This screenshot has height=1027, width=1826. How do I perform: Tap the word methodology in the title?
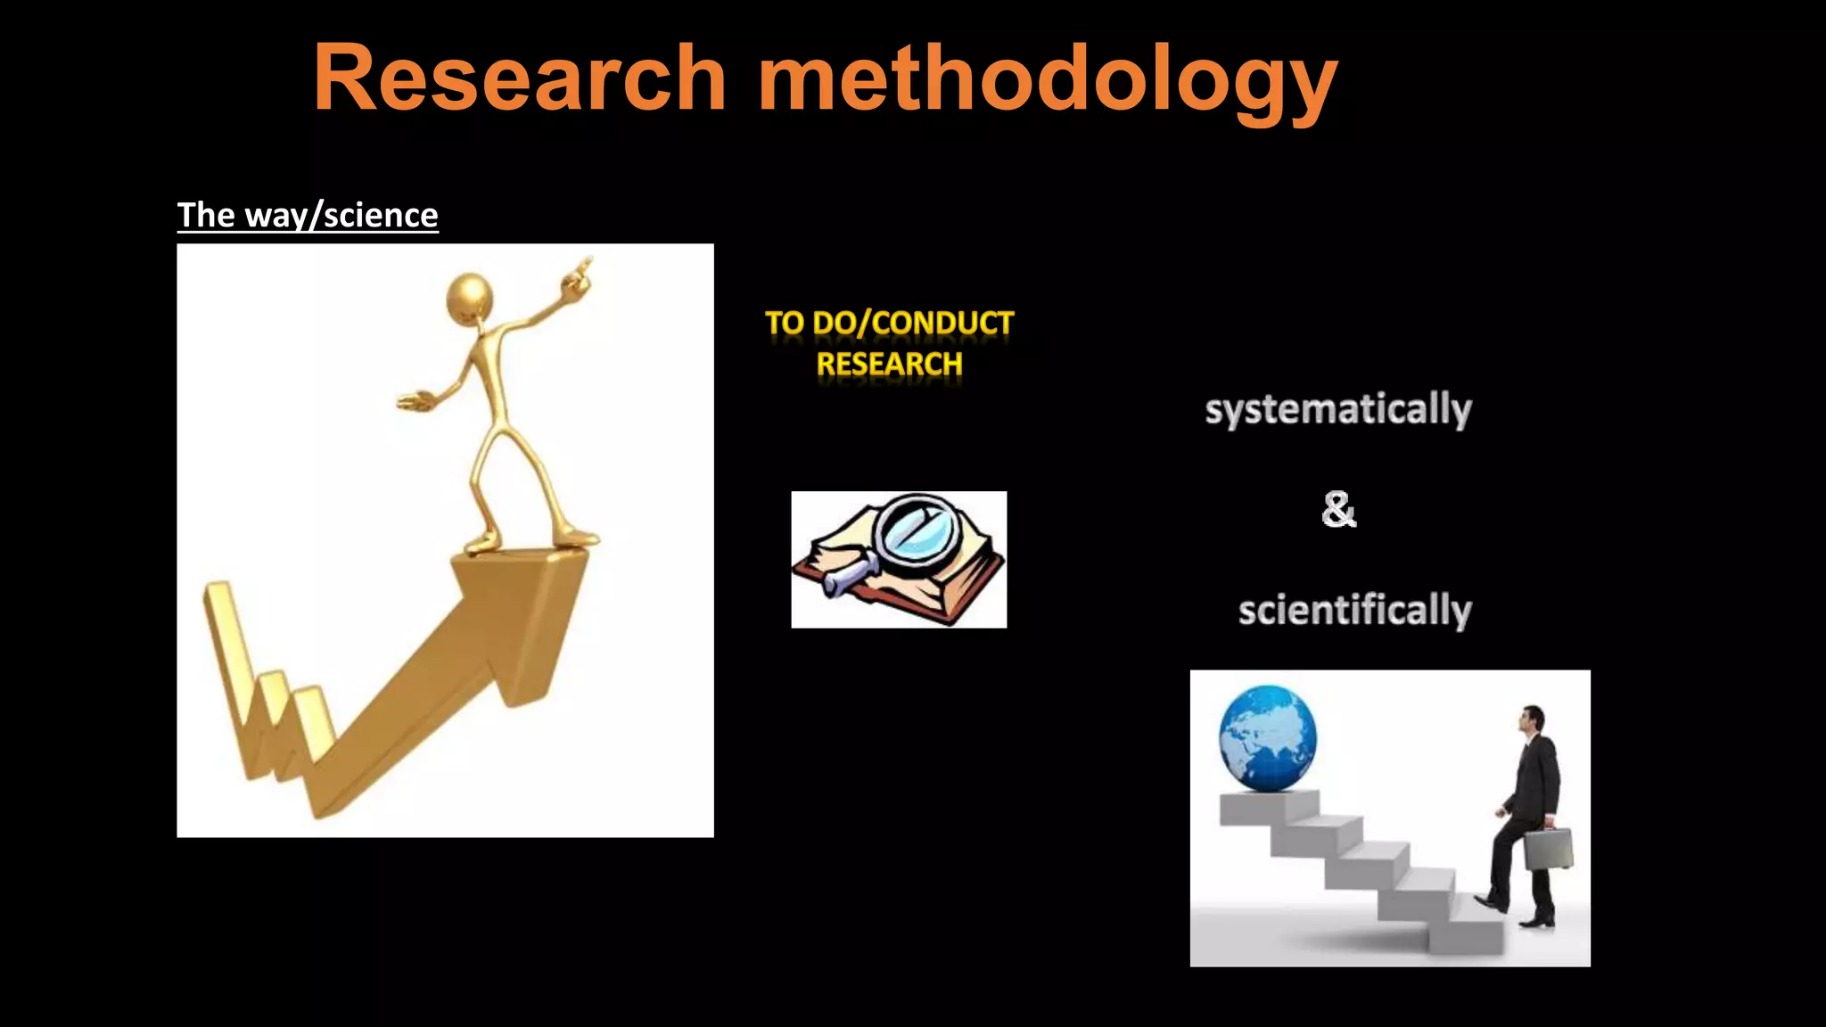(x=1048, y=82)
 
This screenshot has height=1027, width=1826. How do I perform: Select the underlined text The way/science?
(x=308, y=216)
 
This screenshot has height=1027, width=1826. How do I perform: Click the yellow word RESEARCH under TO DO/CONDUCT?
(x=889, y=365)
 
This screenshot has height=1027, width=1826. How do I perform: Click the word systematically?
(x=1337, y=410)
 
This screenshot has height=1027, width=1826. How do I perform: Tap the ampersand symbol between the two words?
(x=1338, y=510)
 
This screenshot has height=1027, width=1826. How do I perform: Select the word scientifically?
(x=1354, y=611)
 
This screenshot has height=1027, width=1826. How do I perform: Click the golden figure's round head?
(x=469, y=296)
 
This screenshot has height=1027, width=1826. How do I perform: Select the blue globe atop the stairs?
(x=1267, y=737)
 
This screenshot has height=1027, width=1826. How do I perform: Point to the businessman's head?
(x=1532, y=719)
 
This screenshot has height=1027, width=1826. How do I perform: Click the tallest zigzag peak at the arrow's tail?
(x=220, y=597)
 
